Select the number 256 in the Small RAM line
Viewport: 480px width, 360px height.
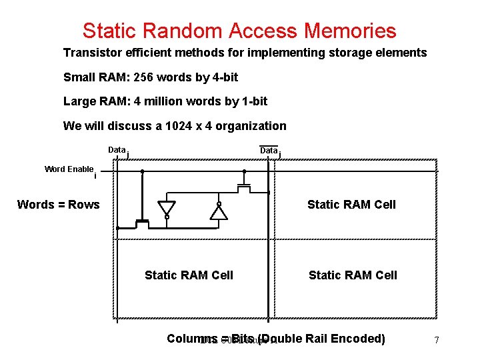pos(145,77)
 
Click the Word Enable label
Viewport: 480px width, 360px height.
pos(69,169)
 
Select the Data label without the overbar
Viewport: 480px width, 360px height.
pos(117,150)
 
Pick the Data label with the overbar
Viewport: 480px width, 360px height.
pos(269,151)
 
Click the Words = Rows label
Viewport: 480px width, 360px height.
pos(58,205)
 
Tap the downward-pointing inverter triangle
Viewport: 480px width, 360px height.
pos(167,208)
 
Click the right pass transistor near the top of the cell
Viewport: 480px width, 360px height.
pos(244,188)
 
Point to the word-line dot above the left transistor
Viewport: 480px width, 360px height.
pos(142,171)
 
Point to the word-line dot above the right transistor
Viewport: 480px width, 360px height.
pos(244,171)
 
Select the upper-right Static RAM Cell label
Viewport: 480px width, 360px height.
pos(351,205)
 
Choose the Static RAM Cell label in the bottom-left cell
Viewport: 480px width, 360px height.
pos(189,275)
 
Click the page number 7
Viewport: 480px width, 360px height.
pos(436,341)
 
